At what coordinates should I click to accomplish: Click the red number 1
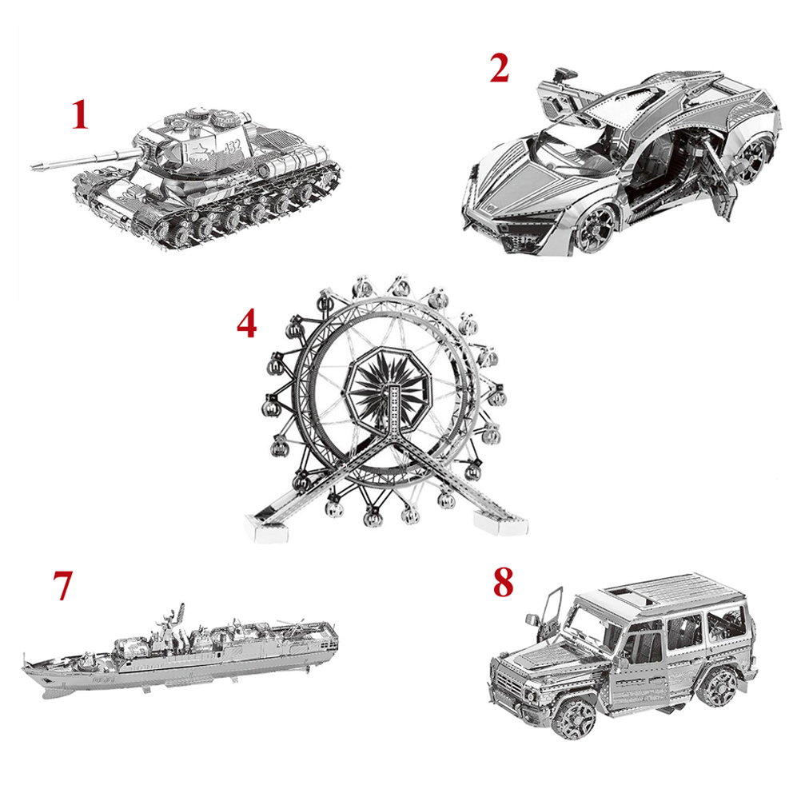point(79,114)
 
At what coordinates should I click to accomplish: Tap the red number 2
point(499,69)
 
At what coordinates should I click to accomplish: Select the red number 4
point(246,324)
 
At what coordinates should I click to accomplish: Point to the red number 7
point(62,585)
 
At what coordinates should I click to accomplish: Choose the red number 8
point(503,583)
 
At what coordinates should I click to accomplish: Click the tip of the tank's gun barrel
point(33,166)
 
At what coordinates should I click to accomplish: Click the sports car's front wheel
point(596,227)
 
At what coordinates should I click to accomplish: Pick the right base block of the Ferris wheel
point(499,522)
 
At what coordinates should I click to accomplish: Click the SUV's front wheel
point(576,717)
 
